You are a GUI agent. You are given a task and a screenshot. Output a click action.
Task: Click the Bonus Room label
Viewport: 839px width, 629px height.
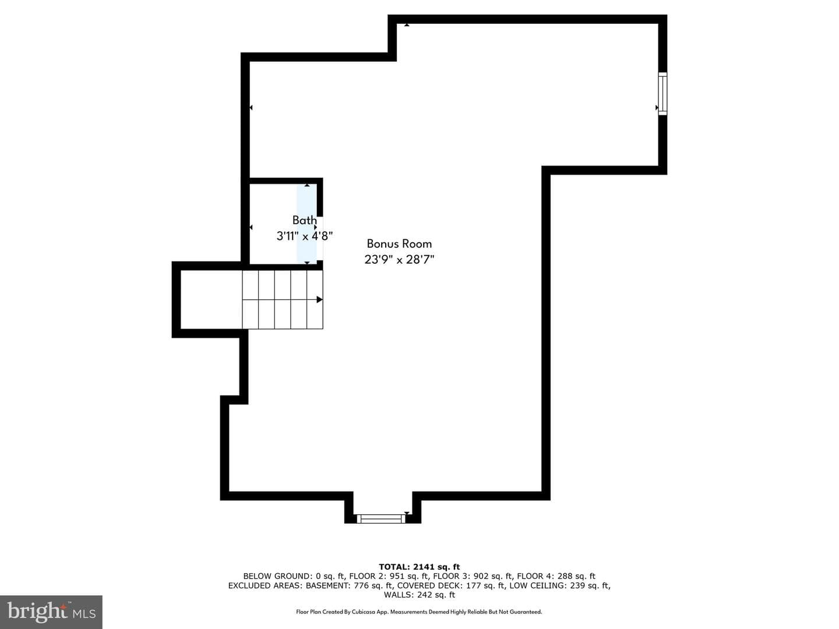[399, 243]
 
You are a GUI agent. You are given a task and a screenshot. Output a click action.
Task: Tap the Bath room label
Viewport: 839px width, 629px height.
[305, 220]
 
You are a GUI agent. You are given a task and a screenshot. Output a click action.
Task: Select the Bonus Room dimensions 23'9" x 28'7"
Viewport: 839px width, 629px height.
[399, 260]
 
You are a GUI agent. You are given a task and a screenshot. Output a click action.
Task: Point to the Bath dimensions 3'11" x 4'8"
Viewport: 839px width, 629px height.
[305, 236]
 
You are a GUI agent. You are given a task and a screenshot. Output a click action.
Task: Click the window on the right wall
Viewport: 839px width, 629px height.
[662, 94]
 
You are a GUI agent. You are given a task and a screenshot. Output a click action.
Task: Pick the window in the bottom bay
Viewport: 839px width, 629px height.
[380, 518]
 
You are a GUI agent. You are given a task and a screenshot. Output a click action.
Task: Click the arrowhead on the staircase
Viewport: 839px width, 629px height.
[319, 299]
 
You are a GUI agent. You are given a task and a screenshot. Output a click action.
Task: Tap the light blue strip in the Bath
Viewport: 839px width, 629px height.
[307, 224]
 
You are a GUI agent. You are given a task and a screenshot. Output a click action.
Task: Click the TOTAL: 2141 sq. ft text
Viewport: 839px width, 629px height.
[419, 567]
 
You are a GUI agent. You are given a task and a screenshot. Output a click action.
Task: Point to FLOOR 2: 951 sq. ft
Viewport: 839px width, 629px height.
[389, 576]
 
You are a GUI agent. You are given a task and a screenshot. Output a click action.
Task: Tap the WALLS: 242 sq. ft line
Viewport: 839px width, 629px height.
[419, 595]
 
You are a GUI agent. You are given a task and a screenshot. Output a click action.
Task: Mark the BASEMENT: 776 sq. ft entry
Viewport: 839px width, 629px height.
[350, 585]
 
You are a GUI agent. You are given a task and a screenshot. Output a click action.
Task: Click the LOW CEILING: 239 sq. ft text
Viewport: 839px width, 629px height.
[559, 585]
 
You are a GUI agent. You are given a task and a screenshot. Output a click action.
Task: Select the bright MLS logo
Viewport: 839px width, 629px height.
[51, 612]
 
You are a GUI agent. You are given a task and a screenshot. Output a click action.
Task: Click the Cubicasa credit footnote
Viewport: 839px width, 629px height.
[419, 612]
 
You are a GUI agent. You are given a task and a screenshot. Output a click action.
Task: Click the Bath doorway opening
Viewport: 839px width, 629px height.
[320, 239]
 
